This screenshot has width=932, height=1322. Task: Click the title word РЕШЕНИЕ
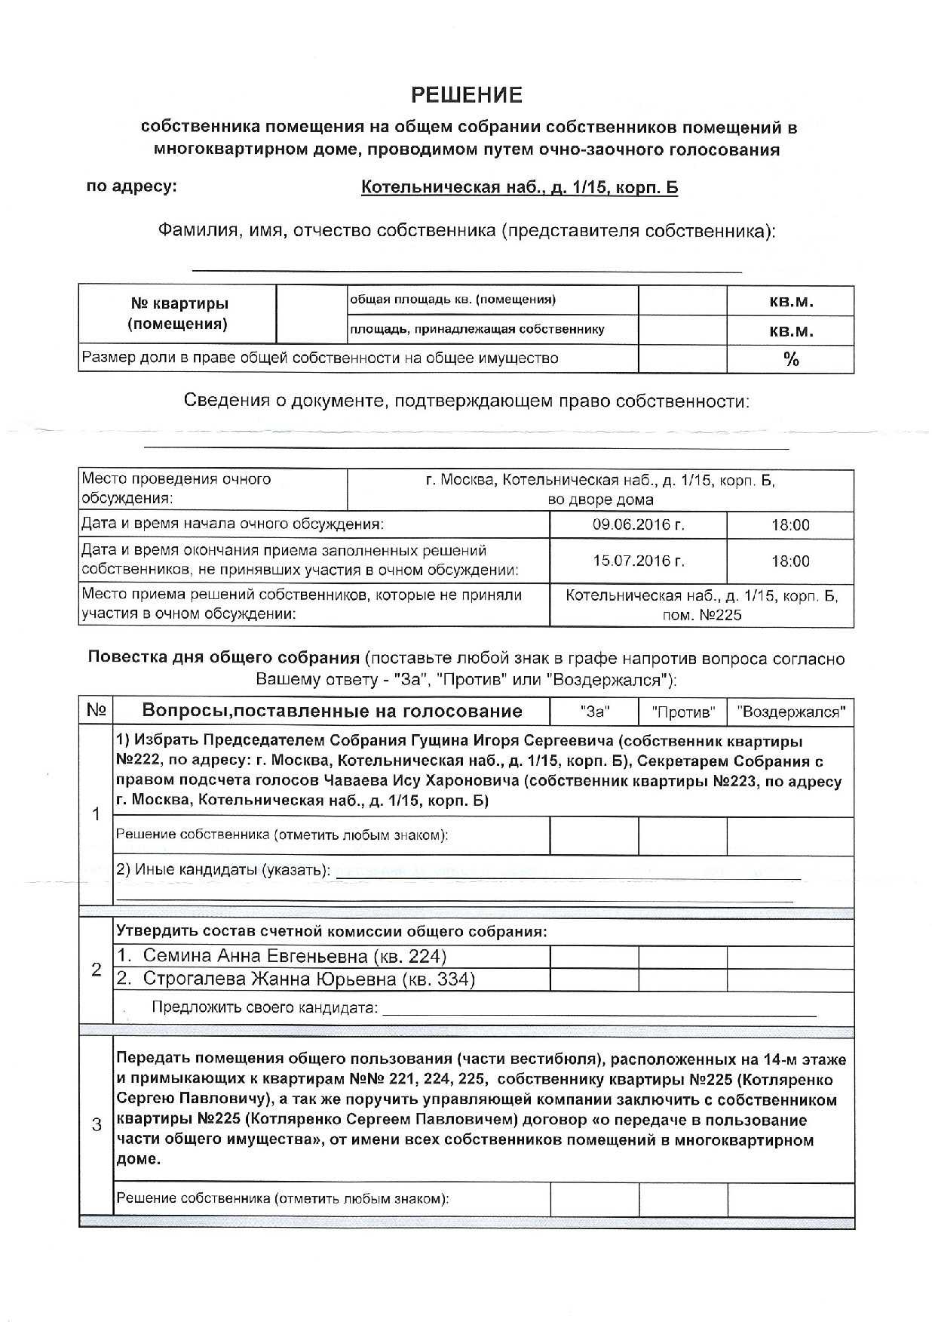[466, 95]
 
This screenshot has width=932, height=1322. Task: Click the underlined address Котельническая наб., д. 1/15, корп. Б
[519, 187]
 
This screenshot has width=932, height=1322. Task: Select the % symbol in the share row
[790, 359]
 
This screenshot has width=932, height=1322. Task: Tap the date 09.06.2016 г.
[638, 525]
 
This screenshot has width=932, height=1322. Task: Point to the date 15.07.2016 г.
[638, 561]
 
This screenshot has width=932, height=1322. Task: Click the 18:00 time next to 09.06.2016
[789, 525]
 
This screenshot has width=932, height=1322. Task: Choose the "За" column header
[594, 712]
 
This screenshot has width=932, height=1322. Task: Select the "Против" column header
[682, 712]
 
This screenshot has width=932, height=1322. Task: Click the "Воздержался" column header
[790, 712]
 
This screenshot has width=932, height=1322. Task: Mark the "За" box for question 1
[594, 836]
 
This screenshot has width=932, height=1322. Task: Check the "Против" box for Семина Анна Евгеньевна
[682, 957]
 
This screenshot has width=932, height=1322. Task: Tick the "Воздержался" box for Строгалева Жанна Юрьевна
[790, 979]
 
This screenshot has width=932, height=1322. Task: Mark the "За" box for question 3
[594, 1199]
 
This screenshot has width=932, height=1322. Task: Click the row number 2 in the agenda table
[96, 970]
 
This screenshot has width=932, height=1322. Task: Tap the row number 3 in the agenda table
[96, 1126]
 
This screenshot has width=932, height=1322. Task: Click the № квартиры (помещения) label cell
[177, 314]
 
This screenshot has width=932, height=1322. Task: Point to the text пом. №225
[701, 615]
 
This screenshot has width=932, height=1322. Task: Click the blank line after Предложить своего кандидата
[599, 1009]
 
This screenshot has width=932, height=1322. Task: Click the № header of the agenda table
[96, 711]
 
